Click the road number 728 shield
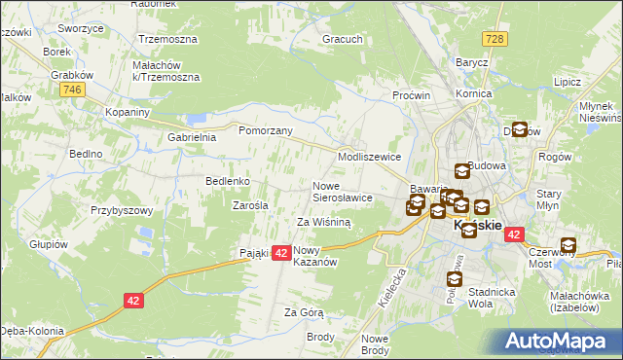pyautogui.click(x=496, y=37)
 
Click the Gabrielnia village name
pyautogui.click(x=192, y=137)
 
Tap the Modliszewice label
pyautogui.click(x=369, y=157)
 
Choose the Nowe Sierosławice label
pyautogui.click(x=343, y=191)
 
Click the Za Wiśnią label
pyautogui.click(x=324, y=222)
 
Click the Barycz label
pyautogui.click(x=471, y=61)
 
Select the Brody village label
pyautogui.click(x=320, y=337)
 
